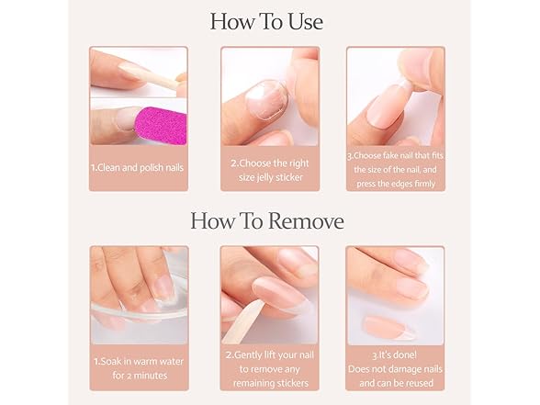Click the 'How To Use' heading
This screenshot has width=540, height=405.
click(x=266, y=21)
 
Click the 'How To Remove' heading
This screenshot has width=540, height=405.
click(x=266, y=221)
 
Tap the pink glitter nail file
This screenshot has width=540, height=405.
click(x=160, y=123)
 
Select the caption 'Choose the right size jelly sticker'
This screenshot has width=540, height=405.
click(x=269, y=169)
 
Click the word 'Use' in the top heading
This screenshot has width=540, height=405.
click(x=302, y=21)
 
